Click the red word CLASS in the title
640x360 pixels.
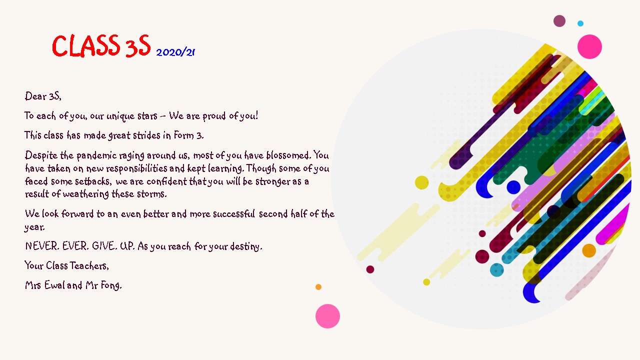coord(85,45)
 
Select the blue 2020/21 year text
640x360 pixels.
coord(175,52)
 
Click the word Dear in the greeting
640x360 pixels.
coord(35,96)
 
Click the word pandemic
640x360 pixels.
coord(96,155)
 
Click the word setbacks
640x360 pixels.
coord(93,181)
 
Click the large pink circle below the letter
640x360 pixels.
coord(327,316)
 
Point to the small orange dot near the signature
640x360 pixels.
coord(318,287)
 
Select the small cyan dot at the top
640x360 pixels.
coord(580,23)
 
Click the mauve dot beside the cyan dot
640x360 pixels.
coord(559,21)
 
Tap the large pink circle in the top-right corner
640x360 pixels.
coord(589,46)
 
